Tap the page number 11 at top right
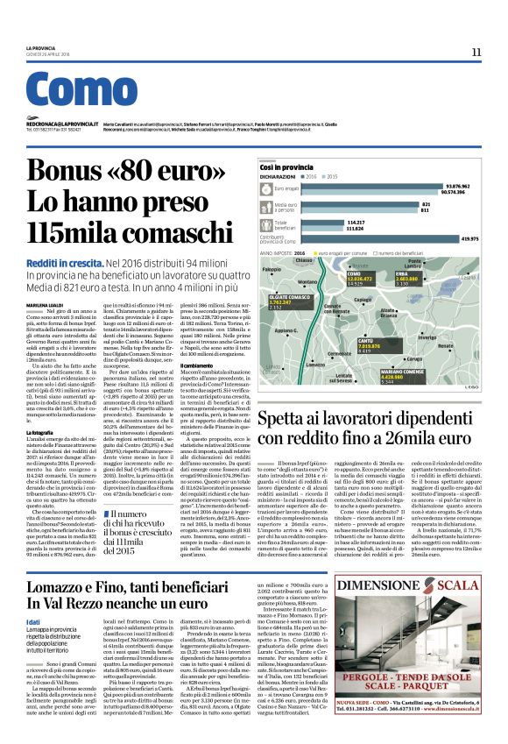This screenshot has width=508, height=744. [x=476, y=53]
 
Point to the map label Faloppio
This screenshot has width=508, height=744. [x=272, y=270]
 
